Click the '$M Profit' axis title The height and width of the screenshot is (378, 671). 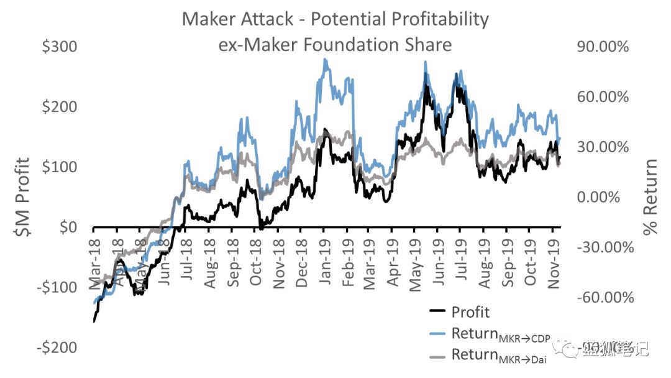(x=23, y=197)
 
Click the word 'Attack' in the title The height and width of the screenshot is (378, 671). (x=271, y=19)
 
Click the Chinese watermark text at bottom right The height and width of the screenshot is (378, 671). (x=615, y=349)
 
